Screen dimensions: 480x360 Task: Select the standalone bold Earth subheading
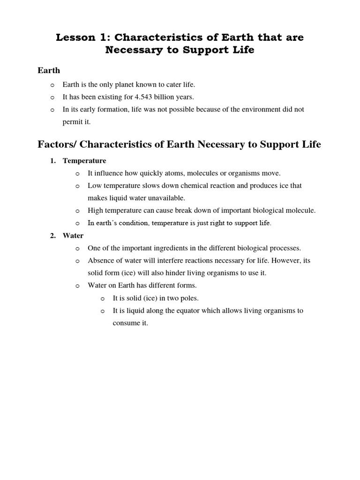49,70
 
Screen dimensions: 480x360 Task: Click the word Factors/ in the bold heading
55,144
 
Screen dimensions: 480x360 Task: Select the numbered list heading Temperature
84,161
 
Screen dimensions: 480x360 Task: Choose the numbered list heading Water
73,236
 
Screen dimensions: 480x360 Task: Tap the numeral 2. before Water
53,236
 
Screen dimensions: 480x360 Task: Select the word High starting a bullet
96,210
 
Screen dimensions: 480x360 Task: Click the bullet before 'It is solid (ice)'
103,298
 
